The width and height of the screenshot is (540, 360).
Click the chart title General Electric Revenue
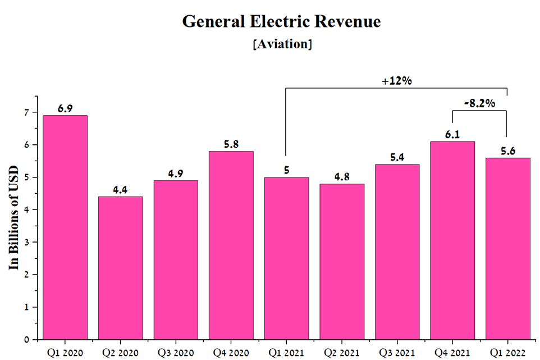282,21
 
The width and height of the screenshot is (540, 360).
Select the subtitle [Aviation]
282,44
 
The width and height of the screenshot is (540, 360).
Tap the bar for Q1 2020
65,227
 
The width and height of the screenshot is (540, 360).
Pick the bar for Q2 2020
121,268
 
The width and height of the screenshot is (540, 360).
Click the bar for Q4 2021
452,240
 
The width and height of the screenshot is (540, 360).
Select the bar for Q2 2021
342,262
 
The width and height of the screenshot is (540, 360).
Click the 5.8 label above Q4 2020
231,144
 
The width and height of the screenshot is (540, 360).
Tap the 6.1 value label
452,134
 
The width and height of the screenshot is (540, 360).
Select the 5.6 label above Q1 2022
507,151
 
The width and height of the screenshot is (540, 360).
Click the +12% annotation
397,81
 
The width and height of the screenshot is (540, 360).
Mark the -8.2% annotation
479,103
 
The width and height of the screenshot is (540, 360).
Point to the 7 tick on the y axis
25,112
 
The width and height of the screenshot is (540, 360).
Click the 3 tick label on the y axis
25,242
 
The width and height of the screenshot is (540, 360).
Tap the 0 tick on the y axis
25,340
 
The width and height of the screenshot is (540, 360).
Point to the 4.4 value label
121,189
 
